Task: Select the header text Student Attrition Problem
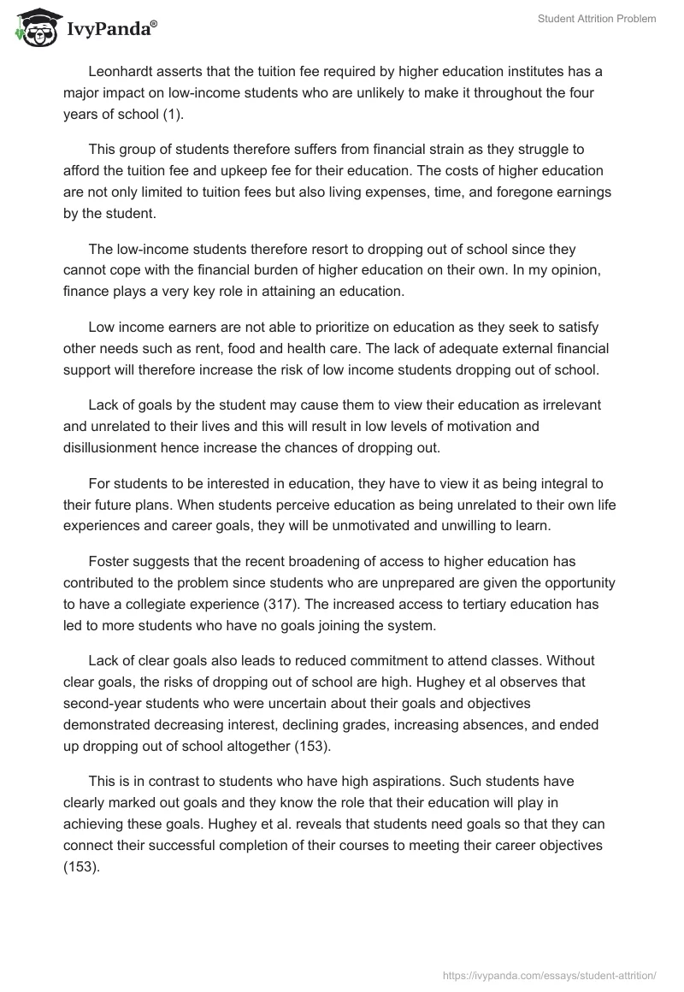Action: tap(597, 19)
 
